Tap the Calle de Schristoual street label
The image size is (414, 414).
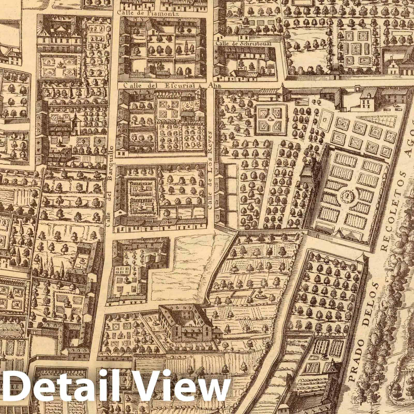coord(244,44)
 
